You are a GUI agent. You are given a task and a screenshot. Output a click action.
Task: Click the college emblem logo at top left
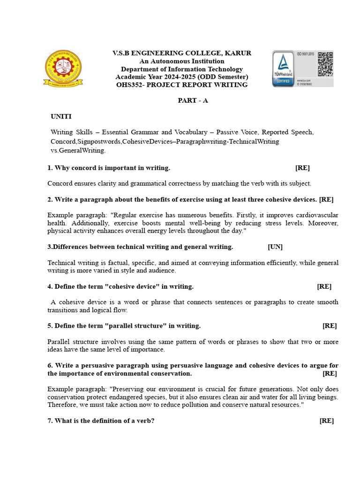[63, 68]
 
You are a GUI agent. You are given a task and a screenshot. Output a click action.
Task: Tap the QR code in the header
[325, 64]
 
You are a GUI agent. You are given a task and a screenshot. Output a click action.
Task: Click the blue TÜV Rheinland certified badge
[283, 68]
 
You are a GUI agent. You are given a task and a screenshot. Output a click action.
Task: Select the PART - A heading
[193, 101]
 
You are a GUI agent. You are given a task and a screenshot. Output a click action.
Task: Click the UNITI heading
[61, 116]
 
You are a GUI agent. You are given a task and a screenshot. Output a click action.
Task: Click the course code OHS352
[129, 85]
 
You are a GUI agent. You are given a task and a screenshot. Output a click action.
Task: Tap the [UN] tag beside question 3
[275, 247]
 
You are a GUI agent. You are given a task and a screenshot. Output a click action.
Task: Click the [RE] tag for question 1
[302, 168]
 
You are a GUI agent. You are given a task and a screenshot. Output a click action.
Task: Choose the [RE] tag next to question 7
[327, 420]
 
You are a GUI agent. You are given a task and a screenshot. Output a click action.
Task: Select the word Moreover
[322, 223]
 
